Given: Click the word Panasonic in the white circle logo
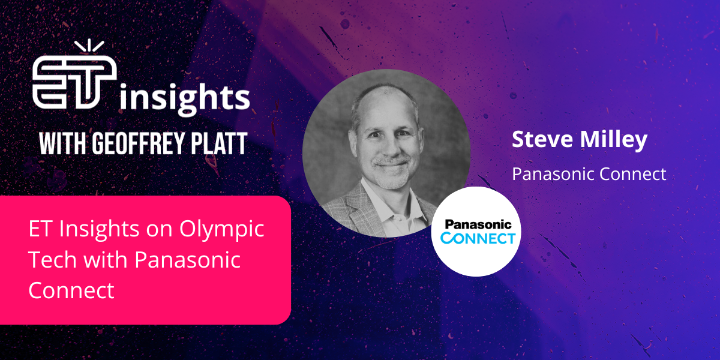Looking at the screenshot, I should [x=478, y=225].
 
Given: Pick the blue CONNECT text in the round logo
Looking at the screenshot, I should [x=478, y=238].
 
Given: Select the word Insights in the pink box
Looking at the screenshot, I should [x=91, y=230].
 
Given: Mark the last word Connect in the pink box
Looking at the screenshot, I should [x=71, y=290].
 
